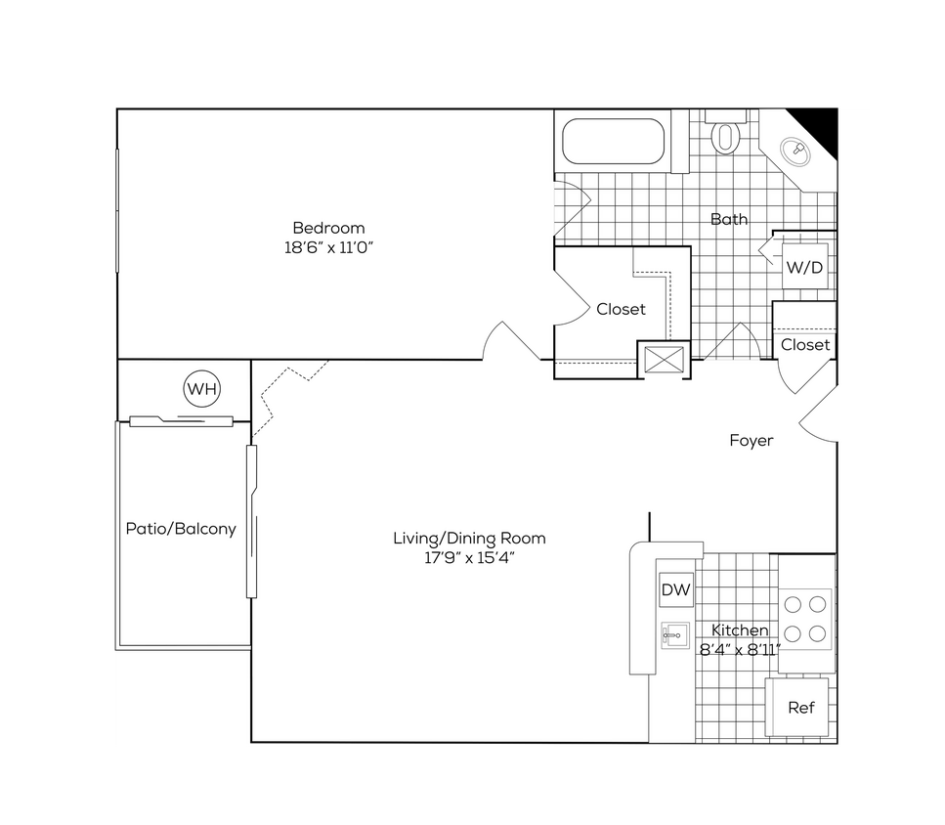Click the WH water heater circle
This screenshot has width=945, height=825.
tap(202, 390)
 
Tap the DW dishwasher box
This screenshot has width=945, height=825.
tap(676, 589)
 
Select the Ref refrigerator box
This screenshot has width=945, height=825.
tap(801, 707)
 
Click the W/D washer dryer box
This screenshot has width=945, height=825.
tap(803, 266)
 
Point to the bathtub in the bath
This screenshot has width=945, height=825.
tap(614, 145)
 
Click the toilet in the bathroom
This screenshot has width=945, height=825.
tap(725, 134)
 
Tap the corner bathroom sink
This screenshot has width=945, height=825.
tap(795, 151)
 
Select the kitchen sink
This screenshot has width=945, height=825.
tap(675, 635)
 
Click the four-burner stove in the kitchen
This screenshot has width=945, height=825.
tap(806, 618)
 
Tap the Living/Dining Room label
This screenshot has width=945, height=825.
tap(469, 538)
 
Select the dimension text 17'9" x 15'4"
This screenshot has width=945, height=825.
tap(469, 558)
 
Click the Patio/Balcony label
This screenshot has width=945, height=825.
tap(181, 529)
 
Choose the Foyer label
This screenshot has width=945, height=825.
tap(752, 441)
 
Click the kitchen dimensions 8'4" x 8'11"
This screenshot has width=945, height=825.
tap(740, 649)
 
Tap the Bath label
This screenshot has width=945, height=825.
tap(729, 219)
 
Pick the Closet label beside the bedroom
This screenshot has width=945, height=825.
tap(622, 309)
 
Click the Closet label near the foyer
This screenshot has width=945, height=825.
tap(805, 344)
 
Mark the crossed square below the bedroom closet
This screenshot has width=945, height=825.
tap(664, 359)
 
